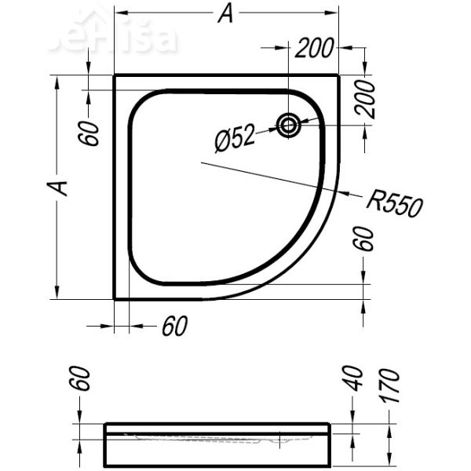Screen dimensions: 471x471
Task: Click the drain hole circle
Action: point(289,124)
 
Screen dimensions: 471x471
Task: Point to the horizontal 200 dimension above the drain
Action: point(315,49)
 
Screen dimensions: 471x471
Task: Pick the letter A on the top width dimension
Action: point(226,14)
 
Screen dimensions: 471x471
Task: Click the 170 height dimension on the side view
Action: point(390,385)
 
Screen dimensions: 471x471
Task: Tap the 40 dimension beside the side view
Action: point(354,378)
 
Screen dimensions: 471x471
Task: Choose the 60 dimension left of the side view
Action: point(85,379)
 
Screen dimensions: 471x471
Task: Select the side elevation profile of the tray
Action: point(217,444)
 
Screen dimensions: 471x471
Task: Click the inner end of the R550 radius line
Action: point(202,162)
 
